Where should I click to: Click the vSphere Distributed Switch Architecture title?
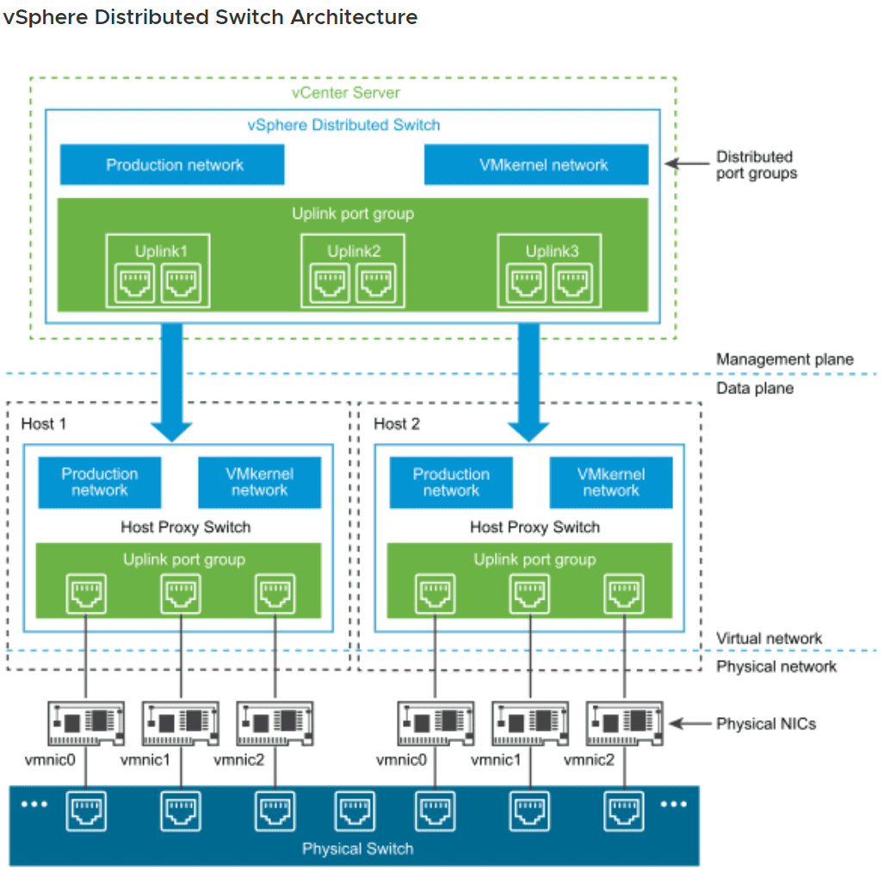(210, 17)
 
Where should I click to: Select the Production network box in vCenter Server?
(172, 164)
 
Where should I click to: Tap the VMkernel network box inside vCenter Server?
(536, 164)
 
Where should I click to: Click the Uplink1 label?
(161, 251)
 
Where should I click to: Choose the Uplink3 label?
(552, 251)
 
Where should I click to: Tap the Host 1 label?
(43, 423)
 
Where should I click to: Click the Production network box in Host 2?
(451, 482)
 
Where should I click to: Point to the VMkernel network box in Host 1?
(259, 482)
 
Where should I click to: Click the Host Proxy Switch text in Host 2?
(535, 527)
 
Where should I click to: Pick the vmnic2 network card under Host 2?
(625, 723)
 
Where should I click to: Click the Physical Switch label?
(357, 849)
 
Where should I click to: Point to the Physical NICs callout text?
(766, 724)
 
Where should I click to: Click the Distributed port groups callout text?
(757, 165)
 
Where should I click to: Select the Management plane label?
(785, 359)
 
